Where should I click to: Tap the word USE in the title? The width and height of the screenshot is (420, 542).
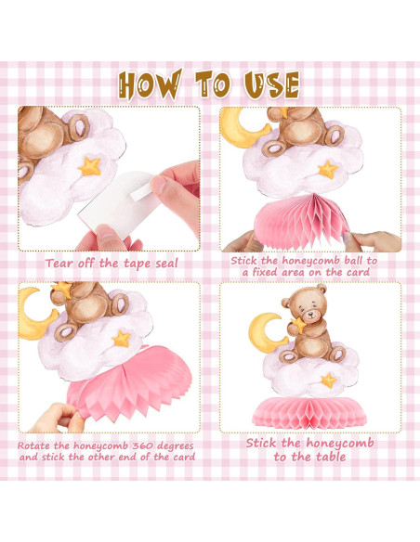271,84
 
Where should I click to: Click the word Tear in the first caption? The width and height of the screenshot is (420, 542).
60,264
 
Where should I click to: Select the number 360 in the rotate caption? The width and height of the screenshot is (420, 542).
142,445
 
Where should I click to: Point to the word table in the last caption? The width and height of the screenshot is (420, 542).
329,457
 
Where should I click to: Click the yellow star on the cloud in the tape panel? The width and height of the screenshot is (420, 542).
89,166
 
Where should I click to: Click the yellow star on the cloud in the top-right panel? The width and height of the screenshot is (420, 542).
328,170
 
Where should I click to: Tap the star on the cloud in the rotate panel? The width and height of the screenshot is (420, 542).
122,339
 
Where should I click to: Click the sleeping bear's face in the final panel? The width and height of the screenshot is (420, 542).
308,309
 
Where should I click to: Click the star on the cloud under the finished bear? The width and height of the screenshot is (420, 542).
328,381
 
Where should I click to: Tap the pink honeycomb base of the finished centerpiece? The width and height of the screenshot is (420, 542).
309,413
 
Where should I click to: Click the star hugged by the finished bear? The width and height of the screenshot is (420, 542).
298,325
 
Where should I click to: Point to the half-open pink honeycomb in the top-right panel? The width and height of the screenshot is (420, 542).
302,221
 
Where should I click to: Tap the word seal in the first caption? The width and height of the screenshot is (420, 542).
166,264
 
